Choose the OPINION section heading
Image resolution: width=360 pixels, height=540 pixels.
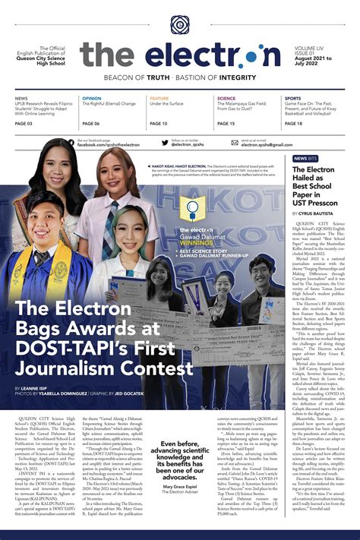click(92, 99)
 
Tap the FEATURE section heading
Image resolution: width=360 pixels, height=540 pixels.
click(159, 99)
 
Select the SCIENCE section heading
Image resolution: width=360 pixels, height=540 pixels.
click(226, 99)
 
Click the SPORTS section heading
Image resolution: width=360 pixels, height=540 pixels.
click(293, 99)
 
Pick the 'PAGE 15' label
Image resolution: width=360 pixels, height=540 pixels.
click(226, 123)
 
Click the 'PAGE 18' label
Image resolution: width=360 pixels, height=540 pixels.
click(294, 123)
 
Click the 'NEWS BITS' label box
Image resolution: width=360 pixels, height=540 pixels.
click(305, 158)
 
